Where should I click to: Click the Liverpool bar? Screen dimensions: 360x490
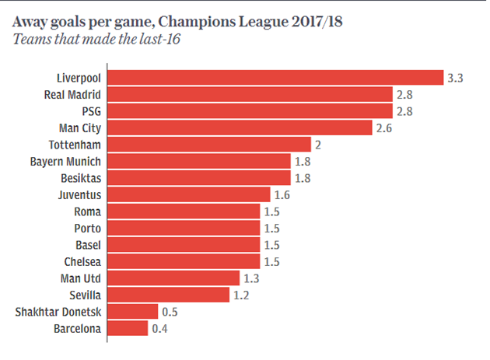click(x=275, y=78)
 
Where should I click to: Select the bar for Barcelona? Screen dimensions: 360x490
click(x=128, y=328)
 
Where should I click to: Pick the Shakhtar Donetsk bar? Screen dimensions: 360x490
click(x=132, y=312)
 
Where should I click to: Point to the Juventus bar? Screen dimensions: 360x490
click(x=188, y=194)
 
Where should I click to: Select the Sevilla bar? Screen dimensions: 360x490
click(x=168, y=295)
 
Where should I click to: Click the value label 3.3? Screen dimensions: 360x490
click(x=456, y=78)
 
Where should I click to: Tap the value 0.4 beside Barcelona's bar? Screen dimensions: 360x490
click(x=160, y=328)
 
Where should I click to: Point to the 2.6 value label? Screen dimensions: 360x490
click(x=384, y=128)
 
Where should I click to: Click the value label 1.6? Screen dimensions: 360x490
click(x=282, y=194)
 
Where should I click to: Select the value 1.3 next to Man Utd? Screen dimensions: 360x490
click(x=252, y=278)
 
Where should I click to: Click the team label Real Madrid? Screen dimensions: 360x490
click(x=73, y=94)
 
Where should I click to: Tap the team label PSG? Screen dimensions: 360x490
click(x=92, y=111)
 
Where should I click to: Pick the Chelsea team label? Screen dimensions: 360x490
click(x=82, y=261)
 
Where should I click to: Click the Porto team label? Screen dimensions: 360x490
click(x=87, y=228)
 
